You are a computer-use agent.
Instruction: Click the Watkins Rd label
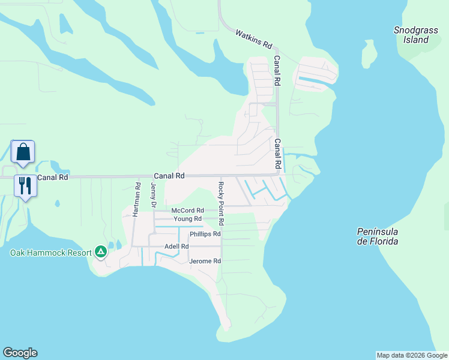[254, 40]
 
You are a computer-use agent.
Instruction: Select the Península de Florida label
[378, 236]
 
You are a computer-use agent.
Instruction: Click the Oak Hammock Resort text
[50, 253]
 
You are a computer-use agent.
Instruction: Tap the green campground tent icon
[101, 252]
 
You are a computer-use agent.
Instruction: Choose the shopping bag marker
[23, 152]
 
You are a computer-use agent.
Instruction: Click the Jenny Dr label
[154, 196]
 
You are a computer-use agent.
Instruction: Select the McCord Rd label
[187, 211]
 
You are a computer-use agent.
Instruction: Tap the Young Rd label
[187, 219]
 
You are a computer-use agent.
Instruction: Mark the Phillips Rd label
[205, 234]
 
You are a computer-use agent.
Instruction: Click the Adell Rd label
[176, 247]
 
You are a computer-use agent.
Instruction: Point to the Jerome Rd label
[205, 262]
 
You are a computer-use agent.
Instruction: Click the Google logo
[20, 353]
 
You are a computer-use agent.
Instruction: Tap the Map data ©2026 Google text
[411, 355]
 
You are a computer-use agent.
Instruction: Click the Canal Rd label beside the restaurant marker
[53, 178]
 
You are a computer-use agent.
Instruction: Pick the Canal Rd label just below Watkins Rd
[277, 70]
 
